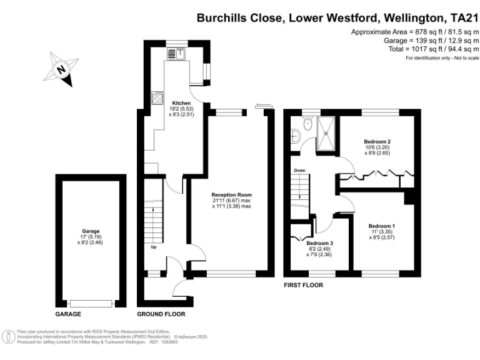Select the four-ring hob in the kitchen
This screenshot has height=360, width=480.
(x=156, y=97)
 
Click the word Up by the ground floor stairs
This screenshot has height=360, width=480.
(x=153, y=246)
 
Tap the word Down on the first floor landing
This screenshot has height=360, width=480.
(x=300, y=170)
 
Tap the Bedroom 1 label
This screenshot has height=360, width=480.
(x=381, y=226)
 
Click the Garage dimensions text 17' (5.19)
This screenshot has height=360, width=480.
(x=91, y=236)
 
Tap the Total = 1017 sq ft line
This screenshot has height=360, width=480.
(x=412, y=49)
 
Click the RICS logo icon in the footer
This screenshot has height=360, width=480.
(x=9, y=336)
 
